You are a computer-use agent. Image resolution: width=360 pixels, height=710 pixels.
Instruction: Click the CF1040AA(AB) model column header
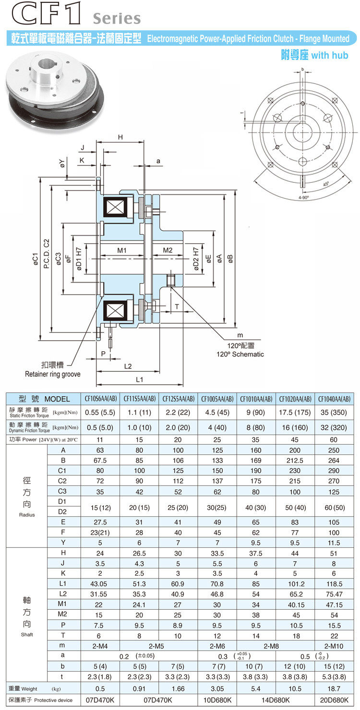(x=334, y=399)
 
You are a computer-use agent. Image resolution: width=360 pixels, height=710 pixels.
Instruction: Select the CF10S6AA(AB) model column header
(x=101, y=399)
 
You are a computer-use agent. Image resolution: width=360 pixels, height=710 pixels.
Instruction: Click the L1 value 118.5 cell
(x=334, y=584)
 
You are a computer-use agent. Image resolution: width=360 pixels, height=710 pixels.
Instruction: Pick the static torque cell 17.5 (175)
(x=295, y=412)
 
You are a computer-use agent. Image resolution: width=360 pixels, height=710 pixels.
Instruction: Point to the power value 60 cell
(x=334, y=439)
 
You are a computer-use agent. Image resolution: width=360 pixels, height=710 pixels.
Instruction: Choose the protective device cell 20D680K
(x=334, y=700)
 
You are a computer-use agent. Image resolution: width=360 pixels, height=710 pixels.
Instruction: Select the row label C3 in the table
(x=62, y=492)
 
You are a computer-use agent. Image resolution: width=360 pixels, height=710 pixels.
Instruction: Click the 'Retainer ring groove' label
(x=53, y=374)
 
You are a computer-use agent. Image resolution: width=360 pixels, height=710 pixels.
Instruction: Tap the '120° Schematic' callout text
(x=239, y=354)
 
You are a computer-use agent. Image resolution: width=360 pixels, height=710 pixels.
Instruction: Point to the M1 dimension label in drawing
(x=121, y=250)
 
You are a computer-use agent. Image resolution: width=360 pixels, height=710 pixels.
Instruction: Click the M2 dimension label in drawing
(x=168, y=250)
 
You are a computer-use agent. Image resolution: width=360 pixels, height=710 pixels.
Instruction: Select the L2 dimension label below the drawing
(x=128, y=367)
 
